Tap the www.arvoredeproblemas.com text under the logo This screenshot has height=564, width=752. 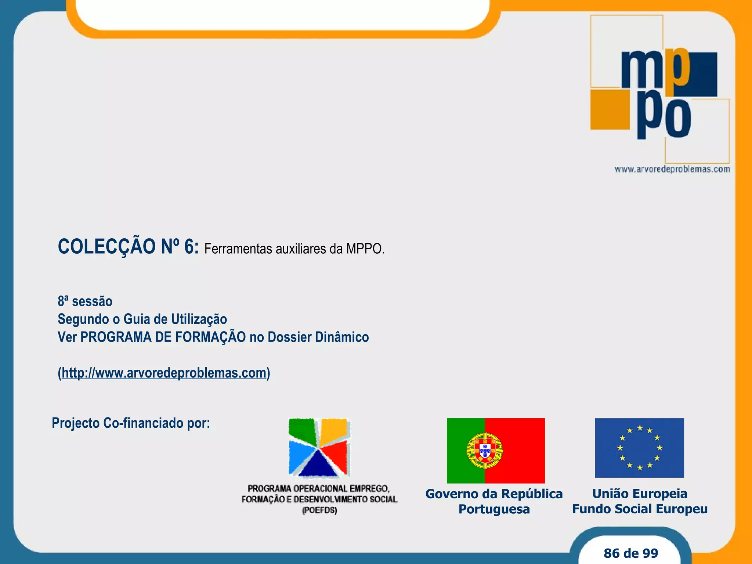coord(672,169)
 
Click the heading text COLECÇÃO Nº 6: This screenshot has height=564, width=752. coord(128,247)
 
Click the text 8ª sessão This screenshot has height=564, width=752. coord(85,301)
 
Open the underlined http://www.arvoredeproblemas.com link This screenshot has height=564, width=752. coord(164,373)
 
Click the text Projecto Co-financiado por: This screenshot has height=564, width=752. coord(131,423)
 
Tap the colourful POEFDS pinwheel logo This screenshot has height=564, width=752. coord(318,448)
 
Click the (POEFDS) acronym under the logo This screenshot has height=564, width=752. coord(319,510)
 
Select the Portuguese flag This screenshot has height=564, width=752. coord(496,451)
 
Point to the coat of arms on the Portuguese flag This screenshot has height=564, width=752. coord(484,451)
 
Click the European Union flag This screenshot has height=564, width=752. coord(639,448)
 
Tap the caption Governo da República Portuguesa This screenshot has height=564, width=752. coord(494,501)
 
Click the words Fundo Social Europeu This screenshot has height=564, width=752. coord(640,509)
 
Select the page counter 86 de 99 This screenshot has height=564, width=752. coord(631,553)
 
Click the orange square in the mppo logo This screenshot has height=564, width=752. coord(610,109)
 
